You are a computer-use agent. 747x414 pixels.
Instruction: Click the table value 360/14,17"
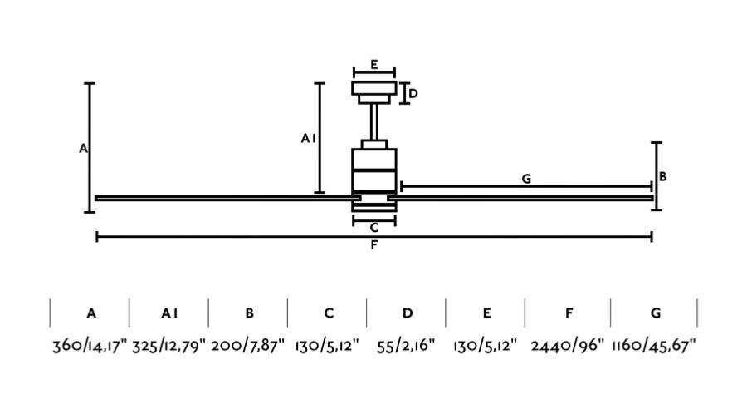pyautogui.click(x=90, y=345)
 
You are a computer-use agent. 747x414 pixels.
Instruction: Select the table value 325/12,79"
pyautogui.click(x=169, y=345)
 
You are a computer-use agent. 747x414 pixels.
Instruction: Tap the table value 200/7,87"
pyautogui.click(x=247, y=345)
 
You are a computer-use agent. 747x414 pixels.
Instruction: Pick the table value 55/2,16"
pyautogui.click(x=407, y=345)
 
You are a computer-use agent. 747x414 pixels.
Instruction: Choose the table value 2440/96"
pyautogui.click(x=568, y=345)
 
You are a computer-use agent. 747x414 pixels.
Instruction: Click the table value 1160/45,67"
pyautogui.click(x=654, y=345)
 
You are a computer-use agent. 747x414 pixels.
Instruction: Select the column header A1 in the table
pyautogui.click(x=169, y=313)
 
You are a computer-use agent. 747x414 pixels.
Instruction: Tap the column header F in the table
pyautogui.click(x=569, y=313)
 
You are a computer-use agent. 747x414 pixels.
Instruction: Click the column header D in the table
pyautogui.click(x=408, y=313)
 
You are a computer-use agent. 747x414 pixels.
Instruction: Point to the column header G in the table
pyautogui.click(x=656, y=313)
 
